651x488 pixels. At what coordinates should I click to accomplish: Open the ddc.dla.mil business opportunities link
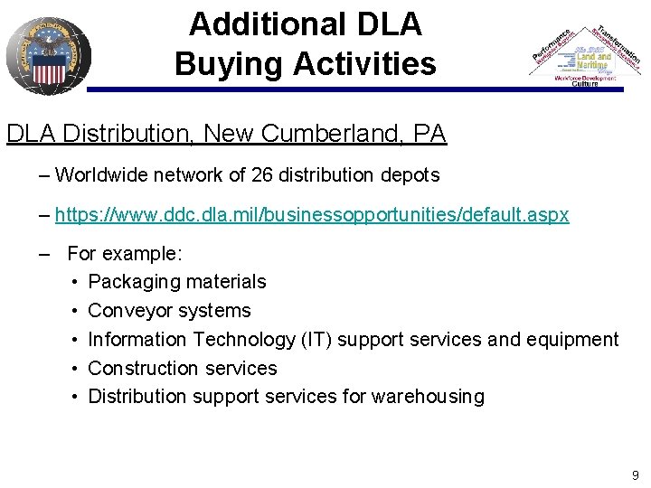click(312, 215)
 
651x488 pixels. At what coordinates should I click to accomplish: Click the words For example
click(125, 253)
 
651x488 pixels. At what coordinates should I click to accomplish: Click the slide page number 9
click(636, 474)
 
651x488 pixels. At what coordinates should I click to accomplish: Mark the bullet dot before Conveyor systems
click(74, 311)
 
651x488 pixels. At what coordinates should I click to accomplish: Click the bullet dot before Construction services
click(74, 369)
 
